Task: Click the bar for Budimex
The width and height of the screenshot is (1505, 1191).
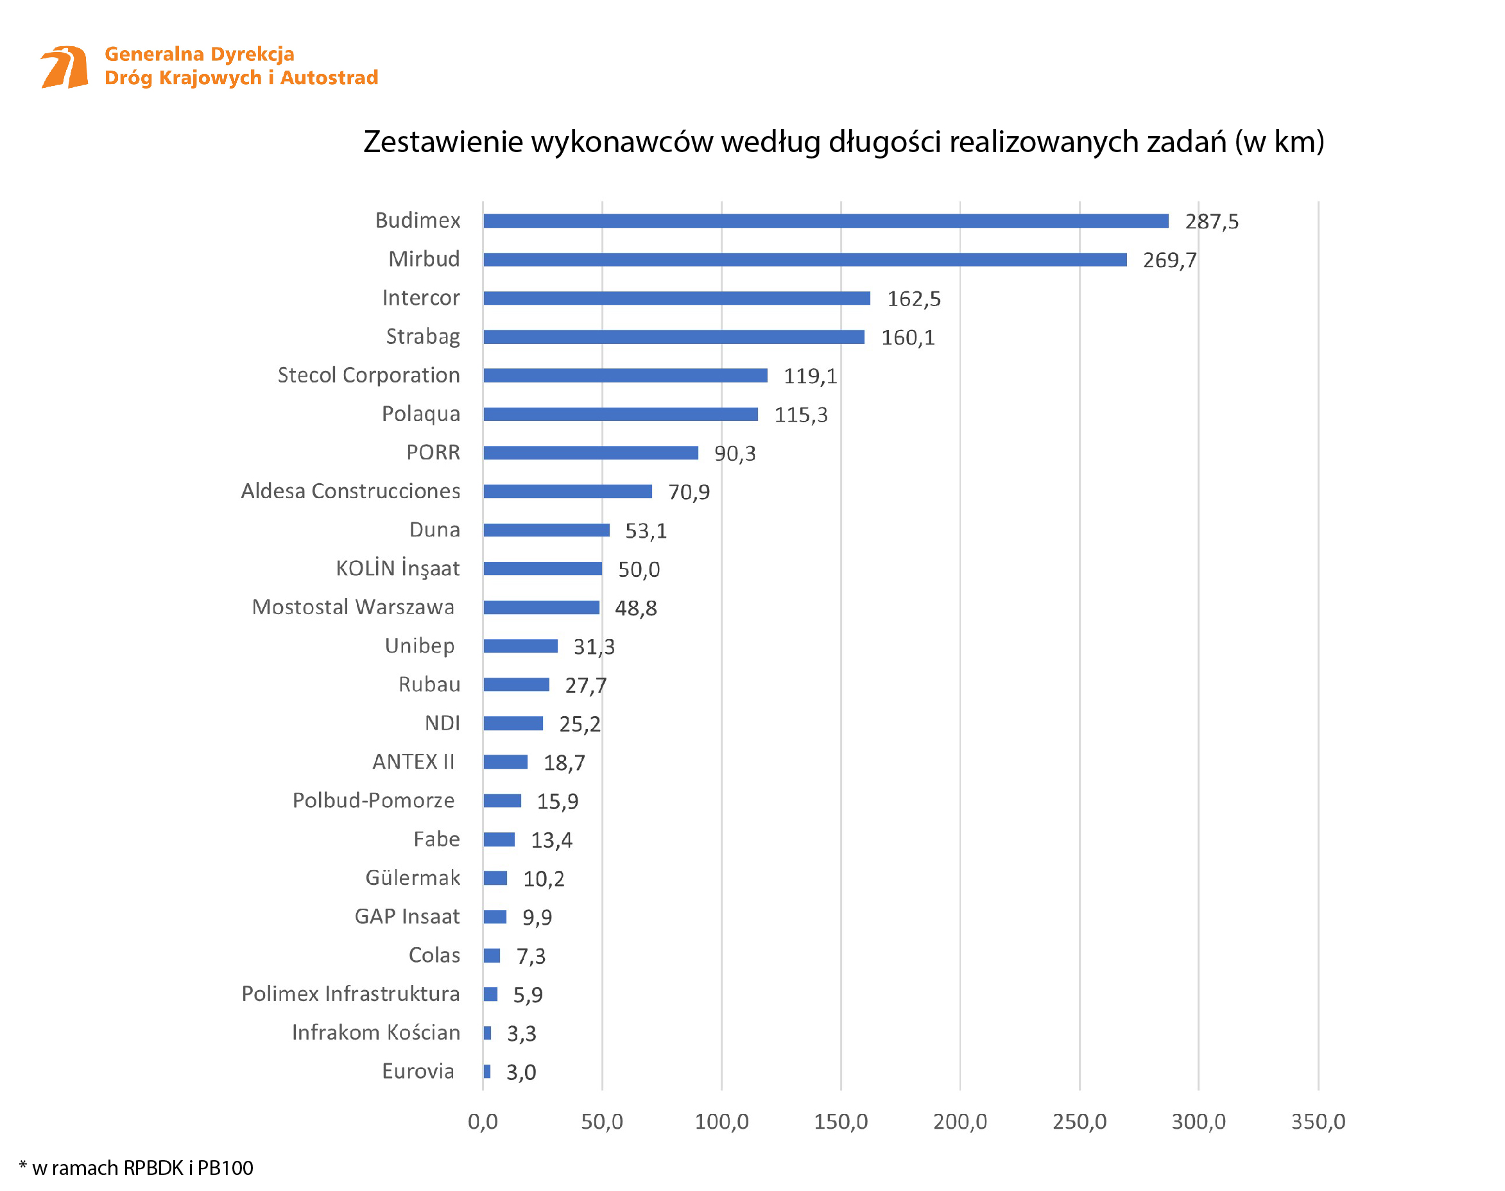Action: [825, 221]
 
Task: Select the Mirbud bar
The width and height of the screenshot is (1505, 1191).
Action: [804, 259]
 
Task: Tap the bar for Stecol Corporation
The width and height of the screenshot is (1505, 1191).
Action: [625, 375]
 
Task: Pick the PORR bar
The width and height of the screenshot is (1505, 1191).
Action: [590, 452]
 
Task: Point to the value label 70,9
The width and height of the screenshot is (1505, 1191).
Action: [689, 492]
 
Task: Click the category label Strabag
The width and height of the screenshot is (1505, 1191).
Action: [423, 337]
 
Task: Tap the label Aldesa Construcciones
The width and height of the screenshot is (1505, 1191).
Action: [350, 491]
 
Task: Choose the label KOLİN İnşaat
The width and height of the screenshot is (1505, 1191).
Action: [397, 569]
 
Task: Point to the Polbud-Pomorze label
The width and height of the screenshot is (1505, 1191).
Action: [373, 800]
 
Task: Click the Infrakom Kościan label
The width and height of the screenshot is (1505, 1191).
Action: [376, 1032]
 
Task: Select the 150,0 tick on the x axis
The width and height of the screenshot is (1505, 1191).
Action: [840, 1121]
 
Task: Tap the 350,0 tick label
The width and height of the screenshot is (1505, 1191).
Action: [1318, 1121]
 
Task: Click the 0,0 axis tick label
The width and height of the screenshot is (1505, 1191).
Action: [483, 1121]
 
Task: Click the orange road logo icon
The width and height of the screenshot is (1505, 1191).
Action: [64, 67]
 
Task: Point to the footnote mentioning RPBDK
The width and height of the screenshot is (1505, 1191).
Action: [136, 1167]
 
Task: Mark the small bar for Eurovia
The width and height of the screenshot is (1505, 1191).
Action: [486, 1071]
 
